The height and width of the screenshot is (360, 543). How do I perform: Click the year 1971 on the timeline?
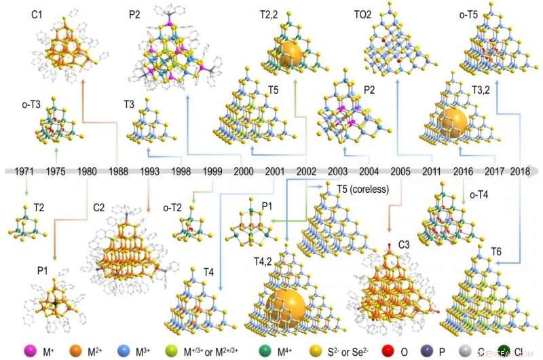[x=24, y=171]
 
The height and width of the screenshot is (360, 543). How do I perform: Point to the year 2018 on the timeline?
[x=521, y=171]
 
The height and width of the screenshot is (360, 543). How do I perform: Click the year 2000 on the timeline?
[x=243, y=171]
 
